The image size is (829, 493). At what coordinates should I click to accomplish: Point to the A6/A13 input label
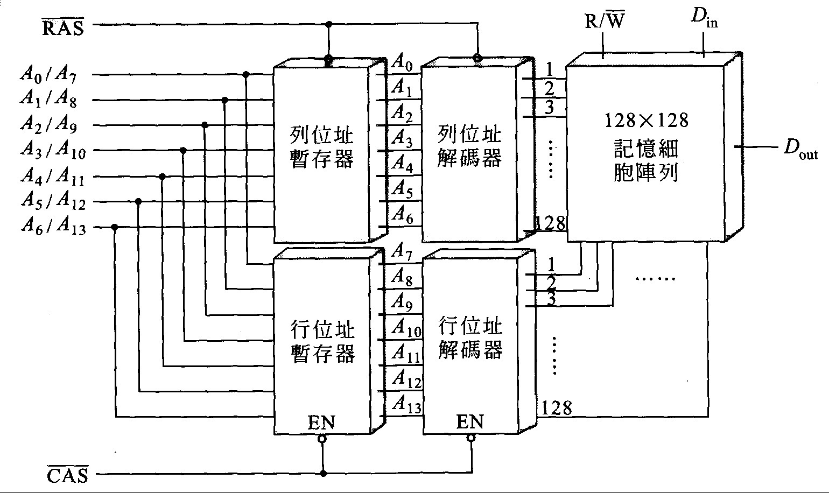pos(53,227)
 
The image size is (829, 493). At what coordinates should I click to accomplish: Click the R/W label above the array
pos(605,22)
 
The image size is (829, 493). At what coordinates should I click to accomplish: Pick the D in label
pos(704,20)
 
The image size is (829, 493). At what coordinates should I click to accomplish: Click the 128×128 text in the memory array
pos(645,119)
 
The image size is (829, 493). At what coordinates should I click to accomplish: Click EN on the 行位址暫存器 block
pos(321,422)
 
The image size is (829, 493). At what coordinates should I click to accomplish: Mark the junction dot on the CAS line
pos(323,474)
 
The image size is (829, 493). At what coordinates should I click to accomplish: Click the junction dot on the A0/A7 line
pos(246,74)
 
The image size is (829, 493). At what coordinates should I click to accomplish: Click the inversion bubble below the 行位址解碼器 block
pos(471,439)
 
